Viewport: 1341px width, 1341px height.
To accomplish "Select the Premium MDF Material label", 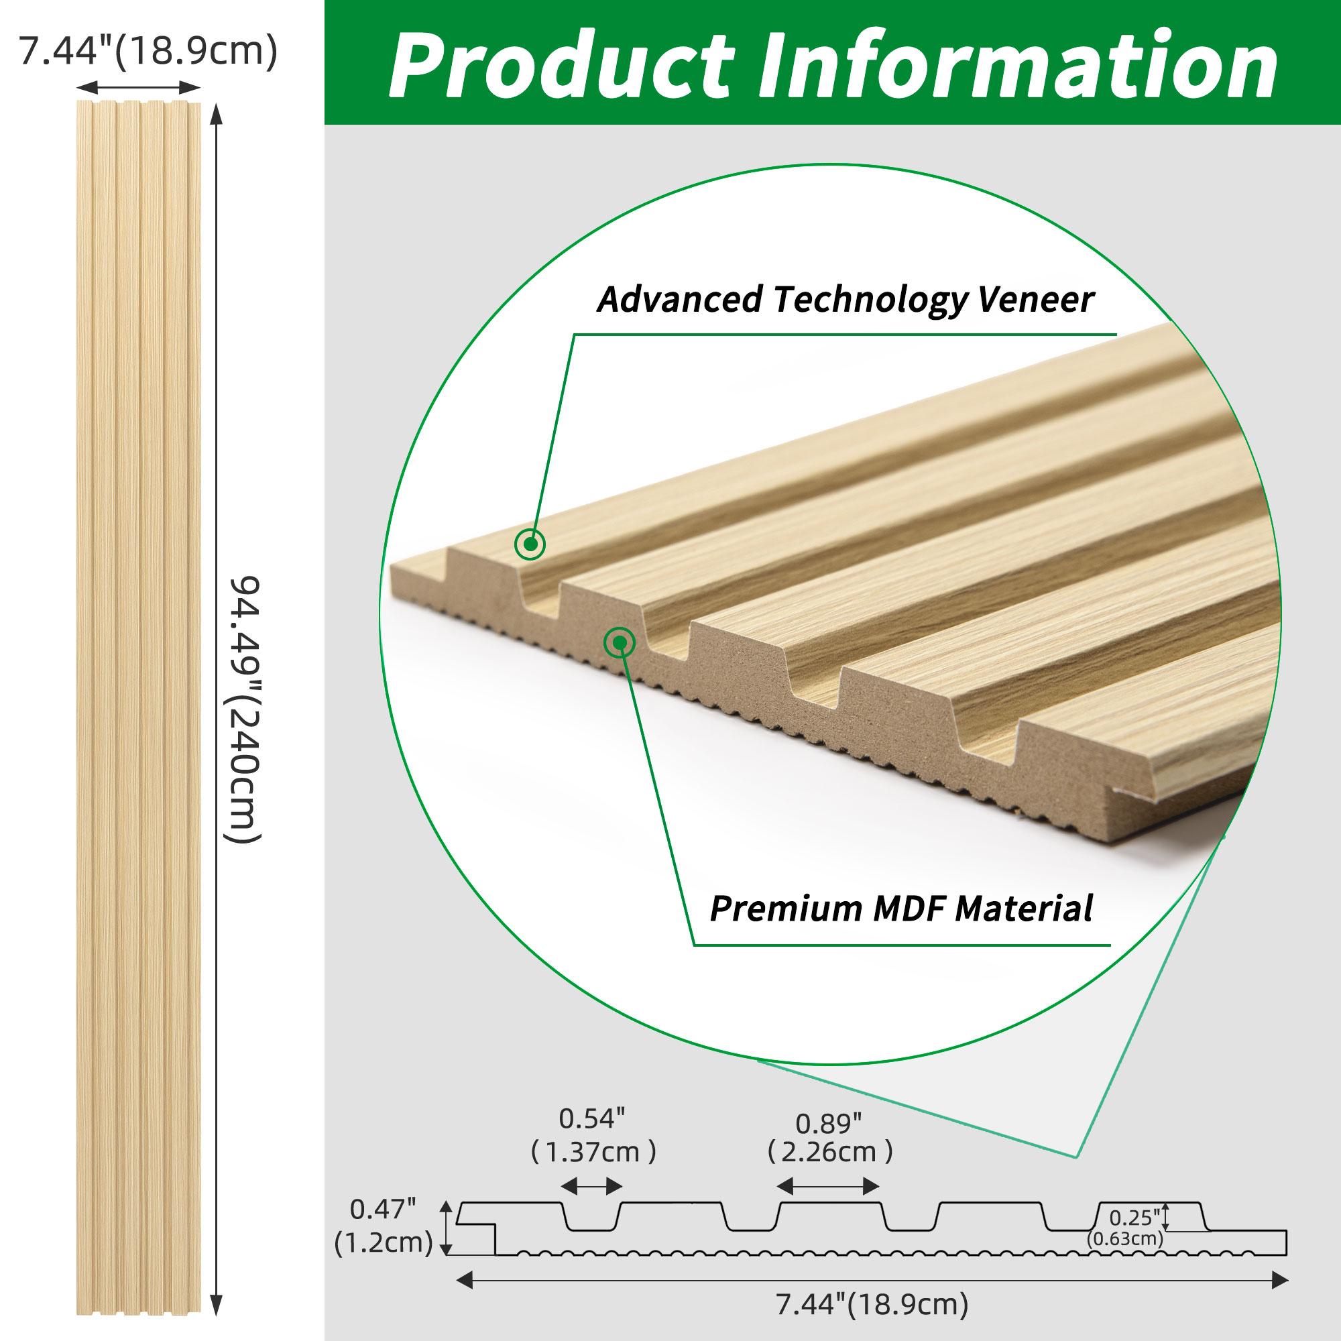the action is (x=901, y=907).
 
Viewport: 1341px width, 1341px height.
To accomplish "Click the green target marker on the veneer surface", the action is (x=530, y=544).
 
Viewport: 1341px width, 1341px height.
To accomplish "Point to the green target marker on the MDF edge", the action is (x=619, y=643).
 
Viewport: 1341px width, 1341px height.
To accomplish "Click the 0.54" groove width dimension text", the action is (x=592, y=1118).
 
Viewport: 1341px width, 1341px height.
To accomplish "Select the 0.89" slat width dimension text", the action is (x=829, y=1123).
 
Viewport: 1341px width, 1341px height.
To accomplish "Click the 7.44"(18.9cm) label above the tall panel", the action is (x=148, y=52).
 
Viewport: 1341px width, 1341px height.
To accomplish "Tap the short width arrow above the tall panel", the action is (x=138, y=87).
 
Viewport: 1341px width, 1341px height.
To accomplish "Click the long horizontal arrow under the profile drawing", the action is (x=871, y=1278).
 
